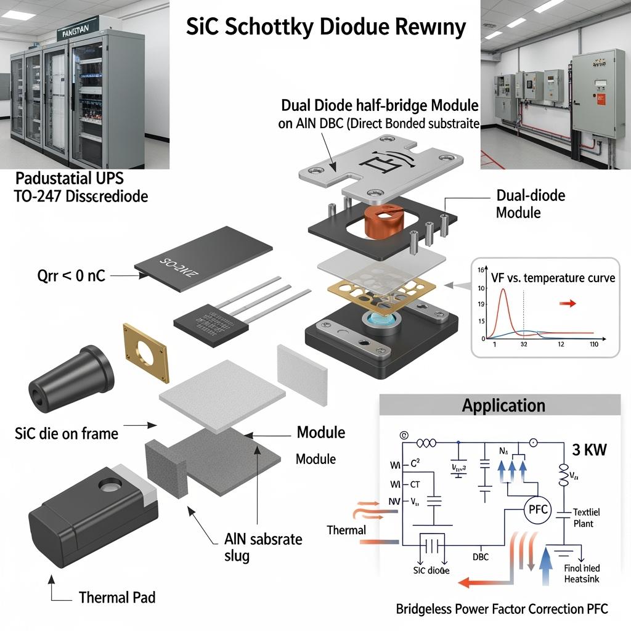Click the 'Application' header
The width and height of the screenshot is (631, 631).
click(x=503, y=405)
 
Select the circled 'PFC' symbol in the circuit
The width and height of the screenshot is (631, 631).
click(x=535, y=510)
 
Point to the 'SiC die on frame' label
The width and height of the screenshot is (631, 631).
click(x=66, y=433)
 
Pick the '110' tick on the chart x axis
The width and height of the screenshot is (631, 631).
click(x=593, y=345)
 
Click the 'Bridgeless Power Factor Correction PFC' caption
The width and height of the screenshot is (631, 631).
click(x=502, y=609)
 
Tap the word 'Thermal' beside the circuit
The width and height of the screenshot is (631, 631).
click(x=346, y=529)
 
